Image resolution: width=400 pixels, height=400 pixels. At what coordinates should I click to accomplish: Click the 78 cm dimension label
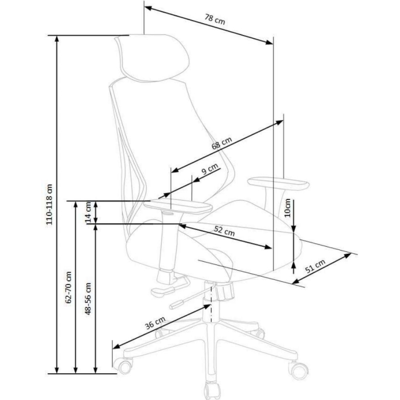pyautogui.click(x=215, y=19)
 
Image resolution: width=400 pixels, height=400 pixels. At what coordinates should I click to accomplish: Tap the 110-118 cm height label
pyautogui.click(x=49, y=204)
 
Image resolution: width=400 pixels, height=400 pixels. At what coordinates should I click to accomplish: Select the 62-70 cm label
pyautogui.click(x=68, y=288)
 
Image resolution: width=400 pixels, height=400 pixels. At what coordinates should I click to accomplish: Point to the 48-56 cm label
pyautogui.click(x=88, y=298)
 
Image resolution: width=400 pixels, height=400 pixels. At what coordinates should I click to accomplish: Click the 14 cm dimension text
pyautogui.click(x=88, y=212)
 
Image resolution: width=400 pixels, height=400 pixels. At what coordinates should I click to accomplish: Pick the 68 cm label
pyautogui.click(x=222, y=143)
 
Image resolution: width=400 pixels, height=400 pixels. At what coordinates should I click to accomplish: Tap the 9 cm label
pyautogui.click(x=210, y=169)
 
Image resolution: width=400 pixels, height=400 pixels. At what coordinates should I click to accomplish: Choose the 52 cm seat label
pyautogui.click(x=224, y=231)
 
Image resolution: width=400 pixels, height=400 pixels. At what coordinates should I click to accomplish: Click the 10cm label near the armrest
pyautogui.click(x=288, y=208)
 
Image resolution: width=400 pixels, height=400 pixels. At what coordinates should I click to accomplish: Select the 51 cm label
pyautogui.click(x=316, y=266)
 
